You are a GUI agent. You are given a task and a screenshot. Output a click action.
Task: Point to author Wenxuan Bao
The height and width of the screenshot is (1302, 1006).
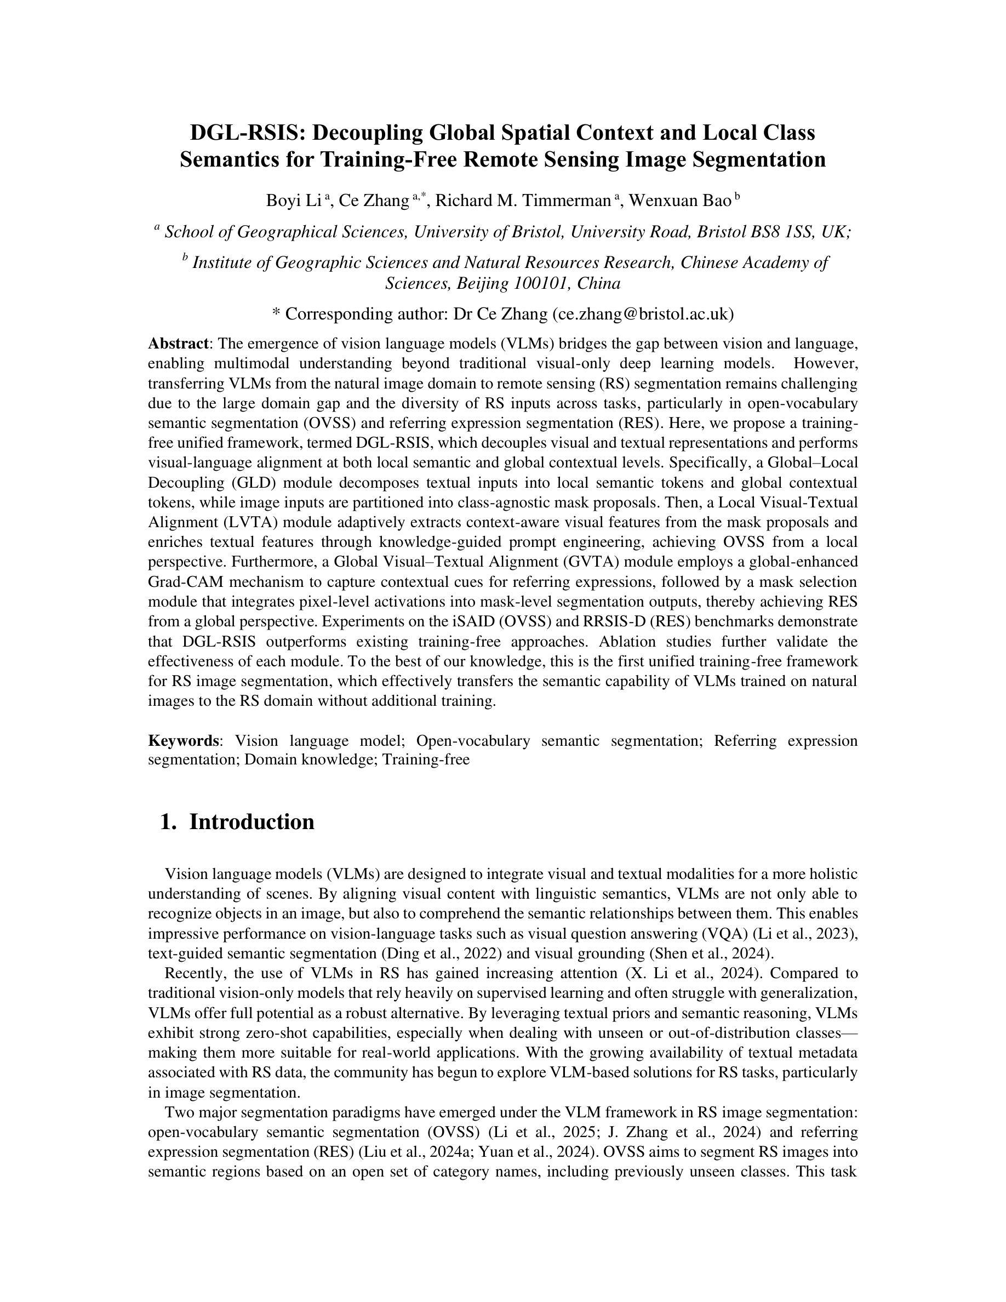click(680, 201)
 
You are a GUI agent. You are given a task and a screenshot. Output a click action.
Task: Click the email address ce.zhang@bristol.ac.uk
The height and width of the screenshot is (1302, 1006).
click(643, 313)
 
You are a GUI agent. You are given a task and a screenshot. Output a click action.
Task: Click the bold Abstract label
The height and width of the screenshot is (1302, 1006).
click(178, 344)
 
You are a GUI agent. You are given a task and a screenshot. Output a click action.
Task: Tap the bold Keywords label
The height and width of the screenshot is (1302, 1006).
click(184, 740)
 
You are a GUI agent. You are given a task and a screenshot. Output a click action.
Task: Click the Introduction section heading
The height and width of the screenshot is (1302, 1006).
click(251, 821)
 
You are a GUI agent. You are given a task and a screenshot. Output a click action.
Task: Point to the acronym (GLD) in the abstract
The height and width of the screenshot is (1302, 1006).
click(227, 482)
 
